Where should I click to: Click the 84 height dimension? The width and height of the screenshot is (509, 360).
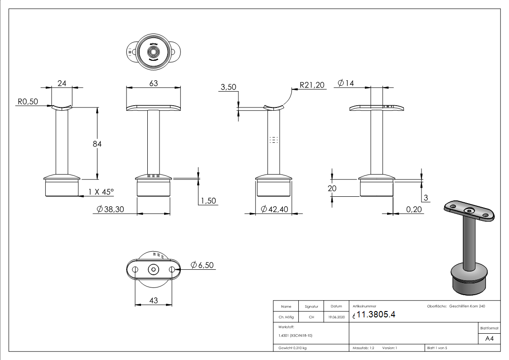click(97, 144)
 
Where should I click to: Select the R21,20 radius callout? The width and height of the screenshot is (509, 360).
click(312, 84)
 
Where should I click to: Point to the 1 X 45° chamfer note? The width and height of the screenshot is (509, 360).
click(100, 192)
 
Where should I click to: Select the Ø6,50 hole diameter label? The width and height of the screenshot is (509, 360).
click(202, 265)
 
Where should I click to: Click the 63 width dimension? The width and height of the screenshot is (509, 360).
click(153, 83)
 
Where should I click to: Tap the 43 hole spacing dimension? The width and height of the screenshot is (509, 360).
click(153, 300)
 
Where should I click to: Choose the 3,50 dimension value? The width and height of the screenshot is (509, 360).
click(228, 88)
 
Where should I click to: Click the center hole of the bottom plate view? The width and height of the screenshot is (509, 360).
click(154, 269)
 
